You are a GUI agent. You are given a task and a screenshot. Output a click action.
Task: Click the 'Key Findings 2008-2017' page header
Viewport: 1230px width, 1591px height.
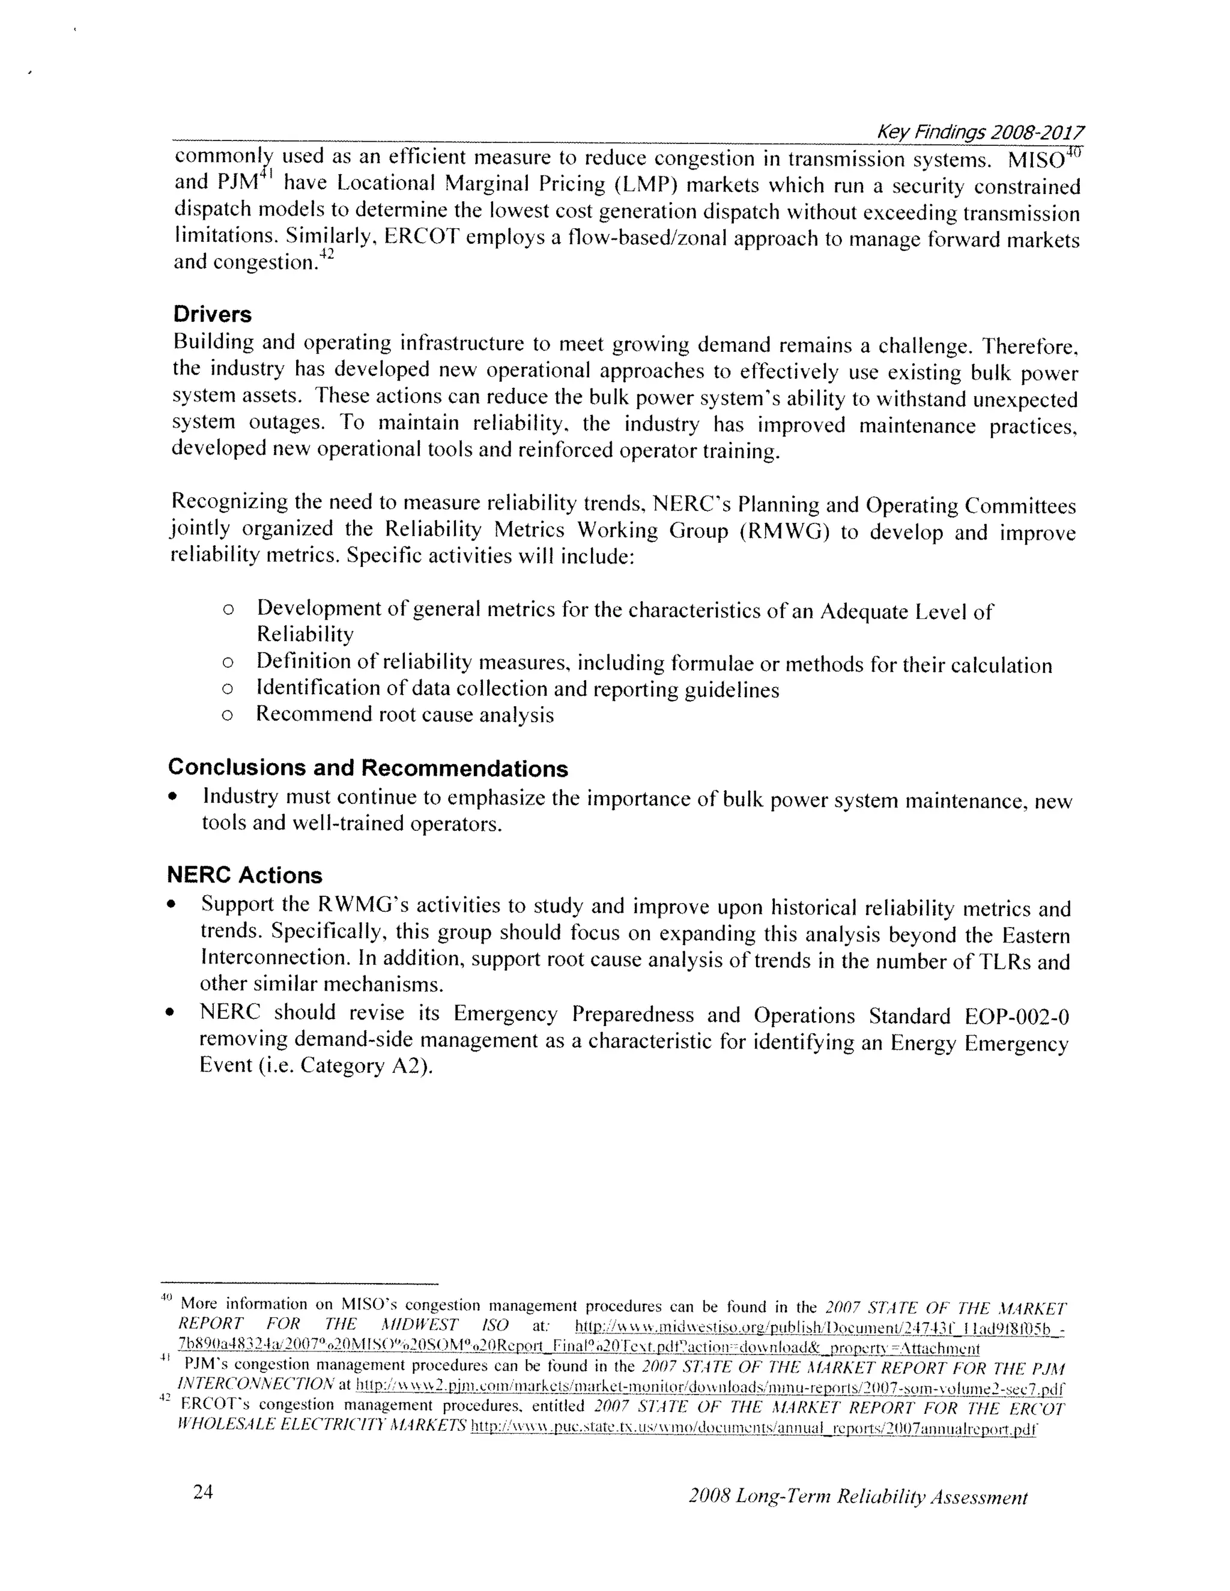pyautogui.click(x=980, y=132)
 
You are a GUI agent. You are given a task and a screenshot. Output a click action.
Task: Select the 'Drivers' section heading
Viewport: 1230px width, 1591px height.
pyautogui.click(x=212, y=315)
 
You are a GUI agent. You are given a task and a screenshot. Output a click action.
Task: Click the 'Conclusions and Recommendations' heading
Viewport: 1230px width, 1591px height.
pyautogui.click(x=367, y=768)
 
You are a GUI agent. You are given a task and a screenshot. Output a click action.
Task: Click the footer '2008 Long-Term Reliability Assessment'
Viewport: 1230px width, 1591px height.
pyautogui.click(x=857, y=1498)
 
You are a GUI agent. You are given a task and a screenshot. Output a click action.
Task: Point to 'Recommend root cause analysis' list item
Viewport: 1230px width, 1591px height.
pyautogui.click(x=404, y=714)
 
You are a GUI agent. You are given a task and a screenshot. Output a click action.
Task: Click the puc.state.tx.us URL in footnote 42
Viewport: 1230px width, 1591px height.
pyautogui.click(x=753, y=1428)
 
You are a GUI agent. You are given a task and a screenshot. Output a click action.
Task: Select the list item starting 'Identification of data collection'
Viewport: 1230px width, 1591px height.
pyautogui.click(x=517, y=689)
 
